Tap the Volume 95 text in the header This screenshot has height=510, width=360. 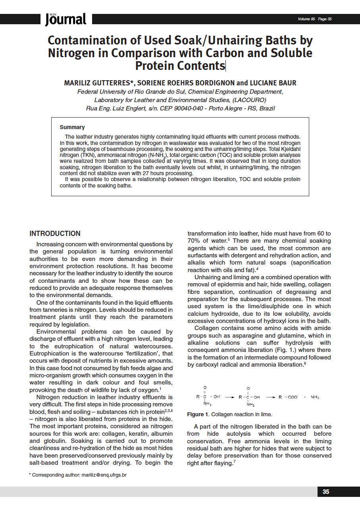point(306,19)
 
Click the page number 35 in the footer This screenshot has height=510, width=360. point(326,492)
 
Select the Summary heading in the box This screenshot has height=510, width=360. point(72,127)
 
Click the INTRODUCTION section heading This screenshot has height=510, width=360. point(55,234)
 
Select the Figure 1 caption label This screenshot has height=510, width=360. point(198,414)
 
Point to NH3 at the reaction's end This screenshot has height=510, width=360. point(315,397)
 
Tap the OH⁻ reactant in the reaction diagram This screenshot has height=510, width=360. point(218,397)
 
